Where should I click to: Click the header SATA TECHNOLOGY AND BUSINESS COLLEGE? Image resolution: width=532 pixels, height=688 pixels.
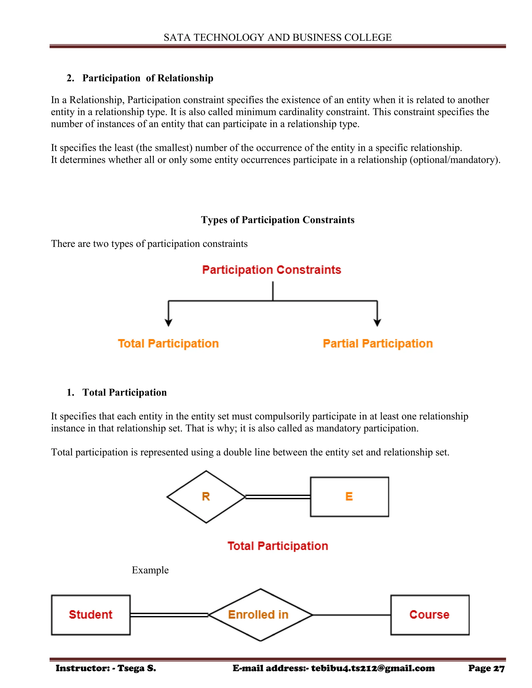pyautogui.click(x=277, y=37)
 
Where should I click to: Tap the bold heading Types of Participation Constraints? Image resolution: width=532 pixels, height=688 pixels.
pyautogui.click(x=277, y=220)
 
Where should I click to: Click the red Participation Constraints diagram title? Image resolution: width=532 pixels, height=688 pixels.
pyautogui.click(x=271, y=270)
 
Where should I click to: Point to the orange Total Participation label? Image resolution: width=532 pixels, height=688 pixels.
pyautogui.click(x=168, y=343)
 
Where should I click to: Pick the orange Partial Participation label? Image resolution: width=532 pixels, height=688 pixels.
pyautogui.click(x=377, y=343)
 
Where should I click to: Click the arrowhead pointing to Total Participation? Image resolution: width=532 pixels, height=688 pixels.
pyautogui.click(x=168, y=323)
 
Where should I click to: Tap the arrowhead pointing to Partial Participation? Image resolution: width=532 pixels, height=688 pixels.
pyautogui.click(x=377, y=323)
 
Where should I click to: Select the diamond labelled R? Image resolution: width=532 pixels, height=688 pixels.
pyautogui.click(x=206, y=497)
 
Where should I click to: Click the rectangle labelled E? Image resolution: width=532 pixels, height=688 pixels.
pyautogui.click(x=349, y=497)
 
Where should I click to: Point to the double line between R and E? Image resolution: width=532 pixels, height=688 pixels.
pyautogui.click(x=278, y=497)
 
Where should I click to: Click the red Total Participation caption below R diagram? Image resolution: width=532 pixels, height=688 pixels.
pyautogui.click(x=278, y=546)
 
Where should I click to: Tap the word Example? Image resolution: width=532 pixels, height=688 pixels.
pyautogui.click(x=150, y=570)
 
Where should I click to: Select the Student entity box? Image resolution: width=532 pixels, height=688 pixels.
pyautogui.click(x=91, y=615)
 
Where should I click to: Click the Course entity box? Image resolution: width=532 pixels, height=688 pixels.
pyautogui.click(x=430, y=615)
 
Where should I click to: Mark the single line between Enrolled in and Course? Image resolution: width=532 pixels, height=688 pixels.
pyautogui.click(x=351, y=615)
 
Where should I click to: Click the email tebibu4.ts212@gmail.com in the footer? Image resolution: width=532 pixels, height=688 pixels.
pyautogui.click(x=373, y=668)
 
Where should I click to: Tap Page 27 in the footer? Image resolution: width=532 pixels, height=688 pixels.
pyautogui.click(x=486, y=668)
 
